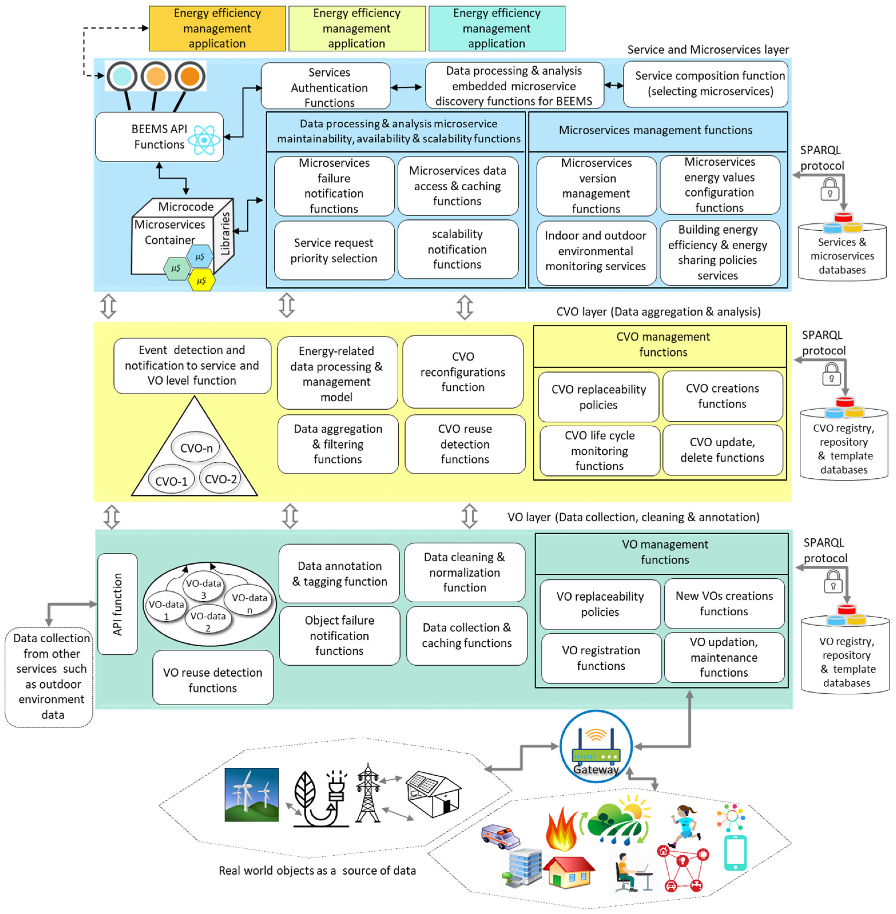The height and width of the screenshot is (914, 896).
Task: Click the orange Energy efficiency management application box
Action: pyautogui.click(x=217, y=28)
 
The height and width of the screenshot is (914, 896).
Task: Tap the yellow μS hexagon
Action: pyautogui.click(x=201, y=281)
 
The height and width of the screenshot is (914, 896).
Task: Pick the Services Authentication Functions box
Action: pyautogui.click(x=326, y=87)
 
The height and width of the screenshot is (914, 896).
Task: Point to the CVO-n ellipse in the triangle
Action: pyautogui.click(x=196, y=448)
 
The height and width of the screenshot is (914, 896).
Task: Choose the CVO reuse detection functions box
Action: pyautogui.click(x=465, y=444)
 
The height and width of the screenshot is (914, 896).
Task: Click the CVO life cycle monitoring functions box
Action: pyautogui.click(x=600, y=451)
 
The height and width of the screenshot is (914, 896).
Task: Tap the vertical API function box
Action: pyautogui.click(x=117, y=604)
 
